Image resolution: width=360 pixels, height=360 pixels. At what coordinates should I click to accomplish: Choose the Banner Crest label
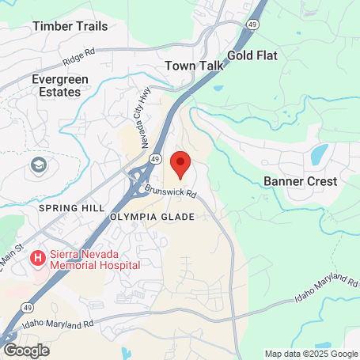click(x=300, y=181)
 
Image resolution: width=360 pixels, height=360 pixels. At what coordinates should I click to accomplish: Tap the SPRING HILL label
click(x=71, y=207)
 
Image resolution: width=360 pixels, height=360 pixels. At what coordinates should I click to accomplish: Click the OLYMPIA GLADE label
click(x=152, y=216)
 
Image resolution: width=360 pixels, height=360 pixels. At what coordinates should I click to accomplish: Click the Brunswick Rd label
click(x=171, y=192)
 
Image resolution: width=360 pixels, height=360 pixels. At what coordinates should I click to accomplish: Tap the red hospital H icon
click(x=36, y=258)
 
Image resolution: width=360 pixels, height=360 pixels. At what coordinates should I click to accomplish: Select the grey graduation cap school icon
click(x=37, y=166)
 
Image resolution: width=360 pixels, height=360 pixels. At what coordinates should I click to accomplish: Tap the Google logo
click(x=27, y=350)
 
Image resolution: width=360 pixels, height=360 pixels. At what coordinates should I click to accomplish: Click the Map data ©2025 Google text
click(x=310, y=354)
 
